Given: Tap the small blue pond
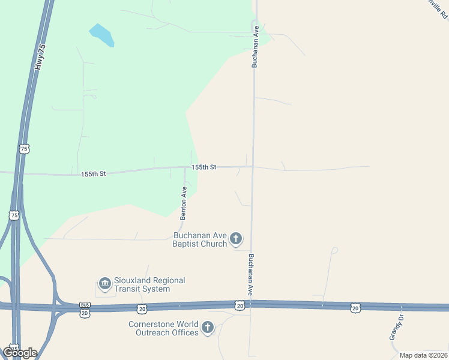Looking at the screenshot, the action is pos(101,35).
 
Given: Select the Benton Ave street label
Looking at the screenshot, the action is pos(184,202).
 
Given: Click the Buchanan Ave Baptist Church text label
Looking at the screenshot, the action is pos(200,239).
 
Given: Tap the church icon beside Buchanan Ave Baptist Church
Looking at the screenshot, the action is pos(236,239).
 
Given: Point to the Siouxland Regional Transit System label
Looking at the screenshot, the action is pos(149,284).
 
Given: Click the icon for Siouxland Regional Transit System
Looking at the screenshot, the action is pos(105,284).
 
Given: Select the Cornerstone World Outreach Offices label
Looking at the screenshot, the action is pos(163,328).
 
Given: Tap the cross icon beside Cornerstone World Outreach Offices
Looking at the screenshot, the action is pos(208,328).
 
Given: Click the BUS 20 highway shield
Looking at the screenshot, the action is pos(84,308).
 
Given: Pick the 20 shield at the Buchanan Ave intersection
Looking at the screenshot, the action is pos(240,306).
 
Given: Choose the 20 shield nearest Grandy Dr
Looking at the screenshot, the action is pos(356,307).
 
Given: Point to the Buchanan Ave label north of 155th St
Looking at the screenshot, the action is pos(255,46).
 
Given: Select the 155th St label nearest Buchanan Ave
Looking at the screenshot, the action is pos(203,167).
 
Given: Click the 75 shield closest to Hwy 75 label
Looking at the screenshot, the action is pos(24,148).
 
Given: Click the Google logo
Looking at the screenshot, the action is pos(20,352).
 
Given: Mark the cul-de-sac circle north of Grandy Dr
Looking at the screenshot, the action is pos(335,250).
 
